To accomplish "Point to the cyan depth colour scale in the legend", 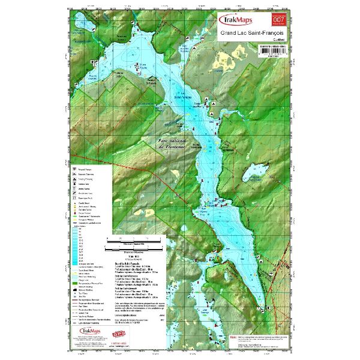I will click(76, 240).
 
